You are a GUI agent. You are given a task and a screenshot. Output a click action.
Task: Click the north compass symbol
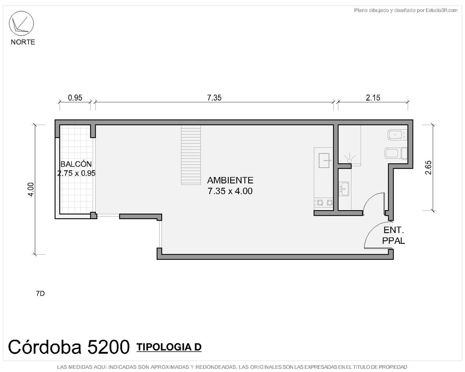(x=21, y=23)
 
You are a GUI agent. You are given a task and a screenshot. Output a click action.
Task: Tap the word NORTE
(x=23, y=42)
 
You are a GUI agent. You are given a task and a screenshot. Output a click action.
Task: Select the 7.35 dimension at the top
(x=214, y=98)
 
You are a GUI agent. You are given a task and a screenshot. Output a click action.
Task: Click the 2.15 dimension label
(x=373, y=98)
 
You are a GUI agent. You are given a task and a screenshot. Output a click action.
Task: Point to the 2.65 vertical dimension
(x=428, y=167)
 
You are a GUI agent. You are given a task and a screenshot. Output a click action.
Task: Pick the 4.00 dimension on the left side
(x=31, y=189)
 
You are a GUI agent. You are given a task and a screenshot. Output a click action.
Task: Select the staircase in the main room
(x=191, y=155)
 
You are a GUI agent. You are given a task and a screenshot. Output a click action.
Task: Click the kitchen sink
(x=324, y=160)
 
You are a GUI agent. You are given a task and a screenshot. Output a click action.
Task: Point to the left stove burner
(x=320, y=202)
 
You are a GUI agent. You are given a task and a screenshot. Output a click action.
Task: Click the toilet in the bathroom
(x=396, y=153)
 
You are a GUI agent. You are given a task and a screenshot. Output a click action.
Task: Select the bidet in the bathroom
(x=398, y=135)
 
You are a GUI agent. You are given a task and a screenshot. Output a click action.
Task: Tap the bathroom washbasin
(x=343, y=189)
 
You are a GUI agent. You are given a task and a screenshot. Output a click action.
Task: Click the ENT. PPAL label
(x=393, y=235)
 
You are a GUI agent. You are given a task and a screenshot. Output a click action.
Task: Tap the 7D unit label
(x=40, y=293)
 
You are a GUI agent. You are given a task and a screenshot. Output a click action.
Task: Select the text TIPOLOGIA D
(x=169, y=347)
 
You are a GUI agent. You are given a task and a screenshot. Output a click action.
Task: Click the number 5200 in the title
(x=108, y=347)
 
